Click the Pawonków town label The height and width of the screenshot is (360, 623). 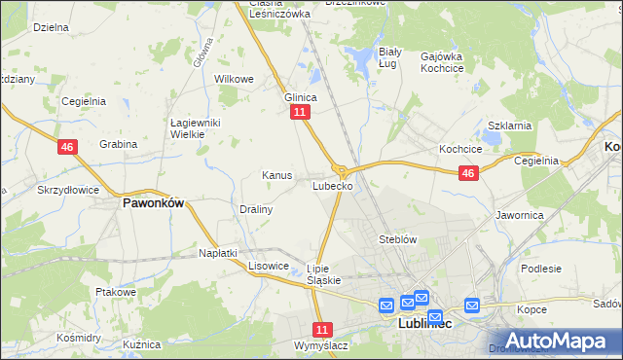(x=153, y=204)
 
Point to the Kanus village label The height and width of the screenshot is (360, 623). (x=276, y=175)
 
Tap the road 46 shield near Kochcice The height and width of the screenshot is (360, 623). (x=468, y=173)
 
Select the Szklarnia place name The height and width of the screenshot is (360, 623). (x=508, y=126)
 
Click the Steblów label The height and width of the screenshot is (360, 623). (x=397, y=238)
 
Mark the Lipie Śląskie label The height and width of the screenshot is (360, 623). (x=323, y=274)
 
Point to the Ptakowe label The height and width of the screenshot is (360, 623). (x=114, y=291)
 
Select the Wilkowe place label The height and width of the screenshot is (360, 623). (x=234, y=79)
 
